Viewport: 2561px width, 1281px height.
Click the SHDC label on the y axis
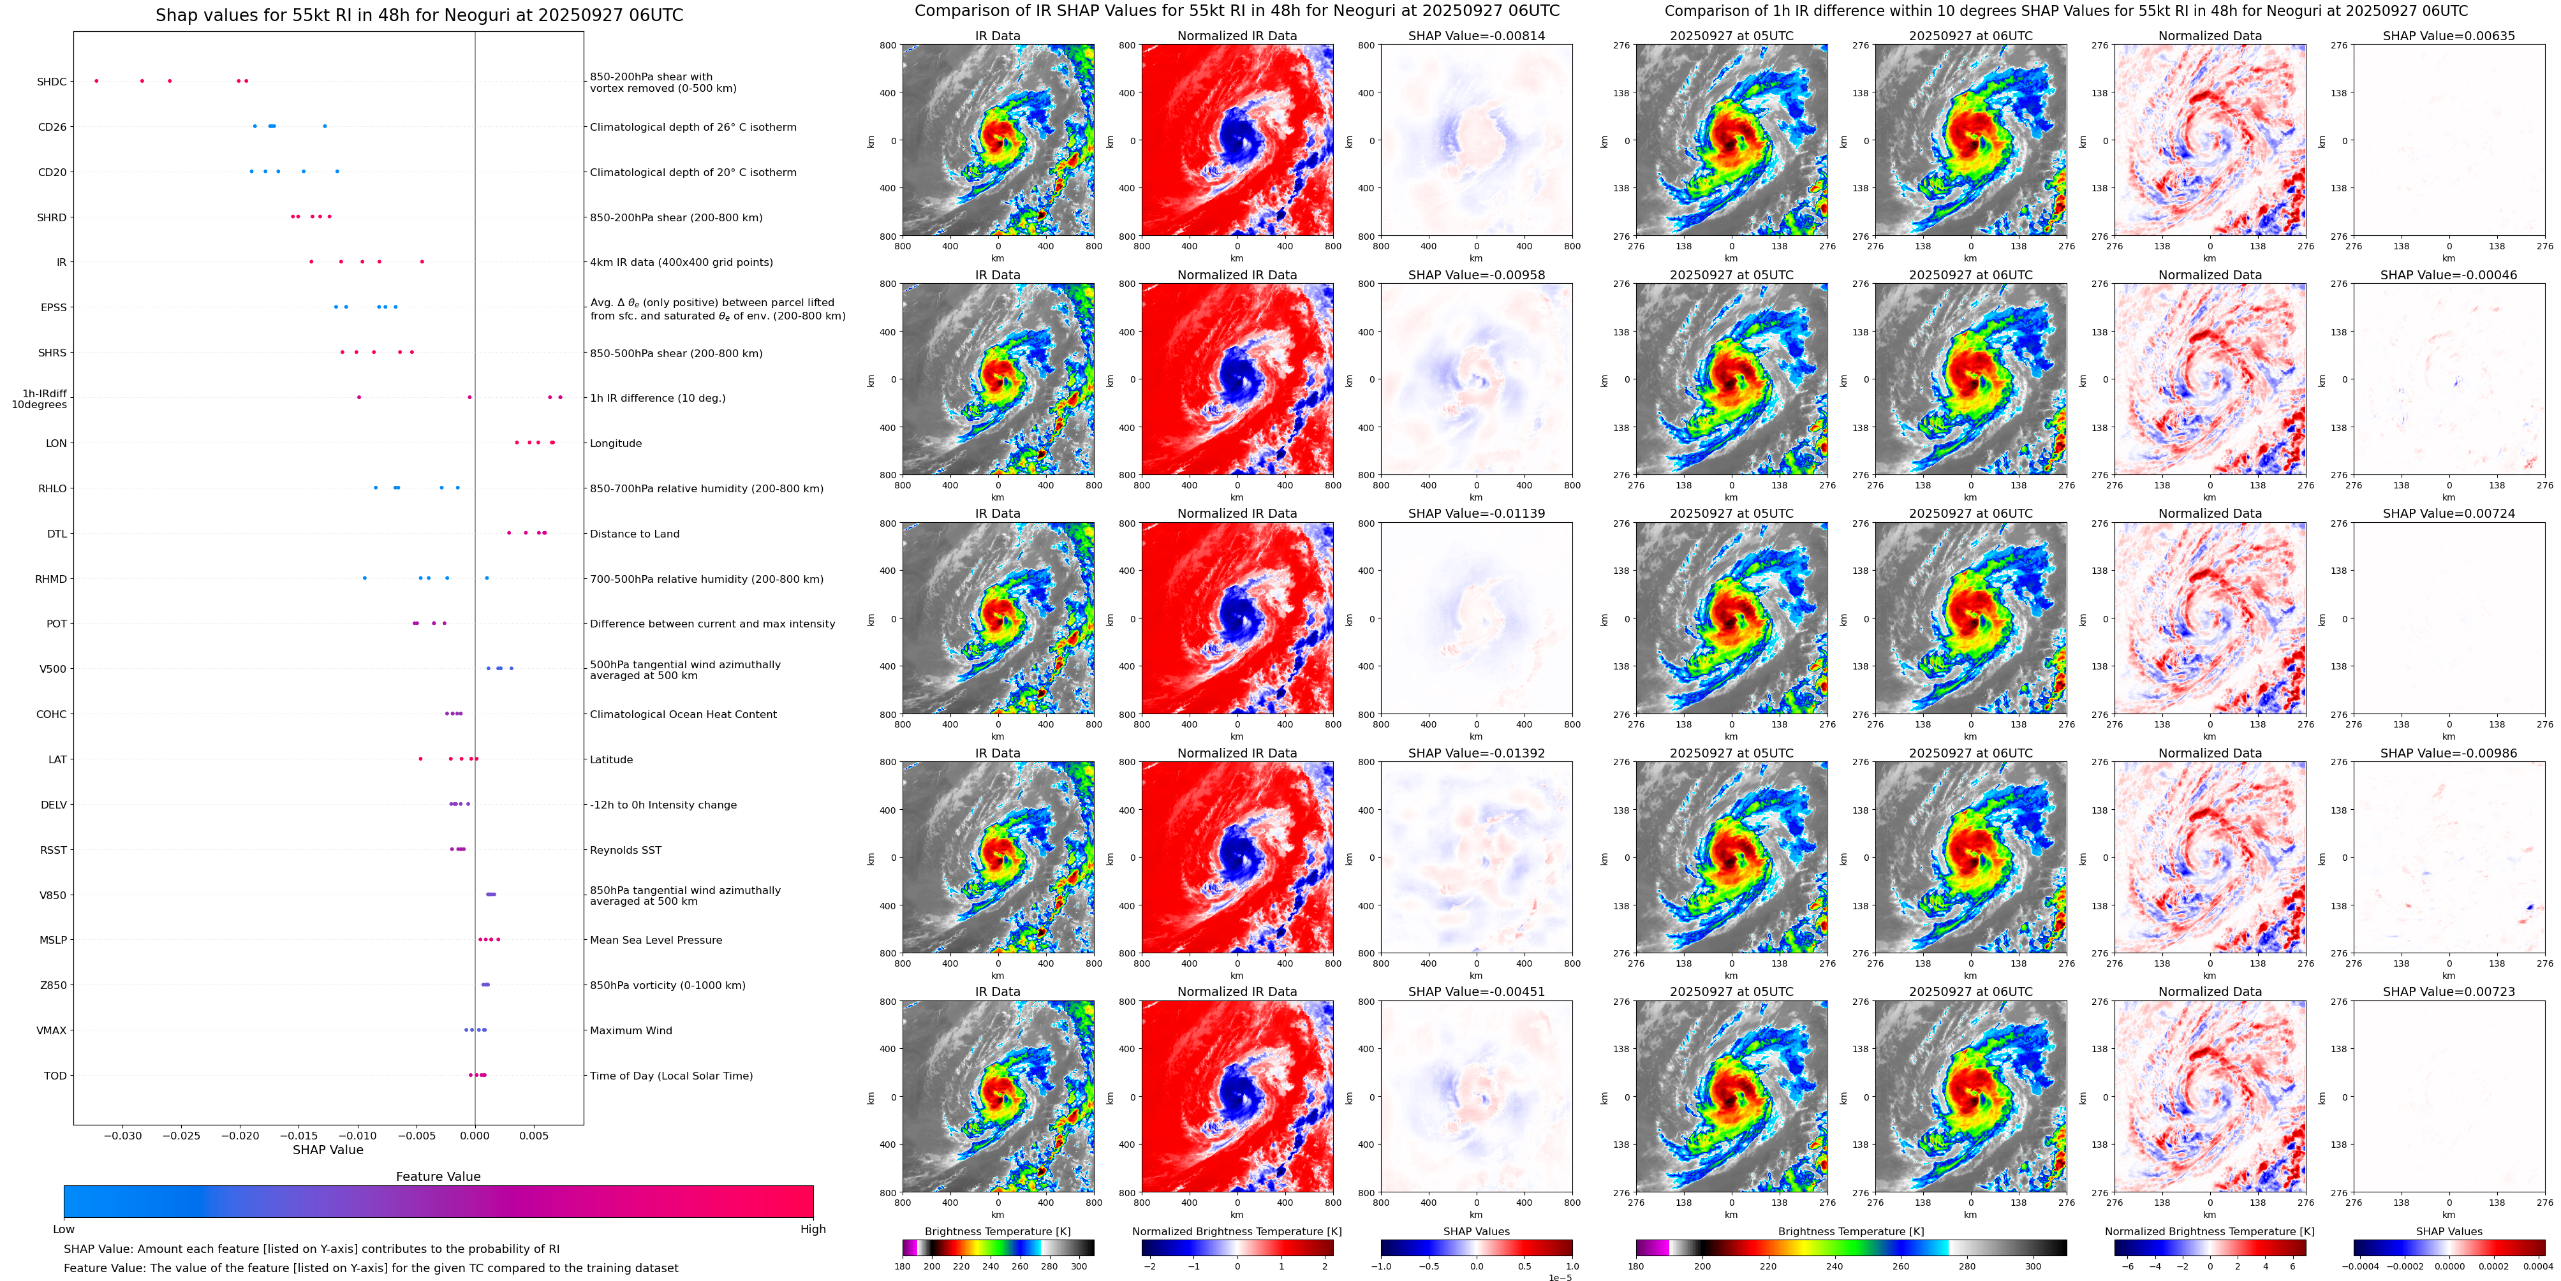[x=52, y=82]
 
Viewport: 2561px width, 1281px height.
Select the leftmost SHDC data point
[x=96, y=80]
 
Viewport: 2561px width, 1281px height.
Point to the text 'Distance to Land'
[x=634, y=534]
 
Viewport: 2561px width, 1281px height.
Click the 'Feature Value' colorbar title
[x=438, y=1176]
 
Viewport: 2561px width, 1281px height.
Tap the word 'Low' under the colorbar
[x=64, y=1229]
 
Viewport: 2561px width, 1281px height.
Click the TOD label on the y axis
[x=55, y=1075]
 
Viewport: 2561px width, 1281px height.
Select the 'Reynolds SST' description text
[x=625, y=850]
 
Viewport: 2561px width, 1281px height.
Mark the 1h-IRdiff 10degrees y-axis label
[x=40, y=399]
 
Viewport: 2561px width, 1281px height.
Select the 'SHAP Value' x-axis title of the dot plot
[x=327, y=1150]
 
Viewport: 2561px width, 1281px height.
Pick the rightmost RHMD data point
[x=486, y=578]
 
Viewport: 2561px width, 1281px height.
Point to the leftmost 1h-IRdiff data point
[x=359, y=397]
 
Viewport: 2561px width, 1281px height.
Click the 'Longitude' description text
[x=616, y=443]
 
